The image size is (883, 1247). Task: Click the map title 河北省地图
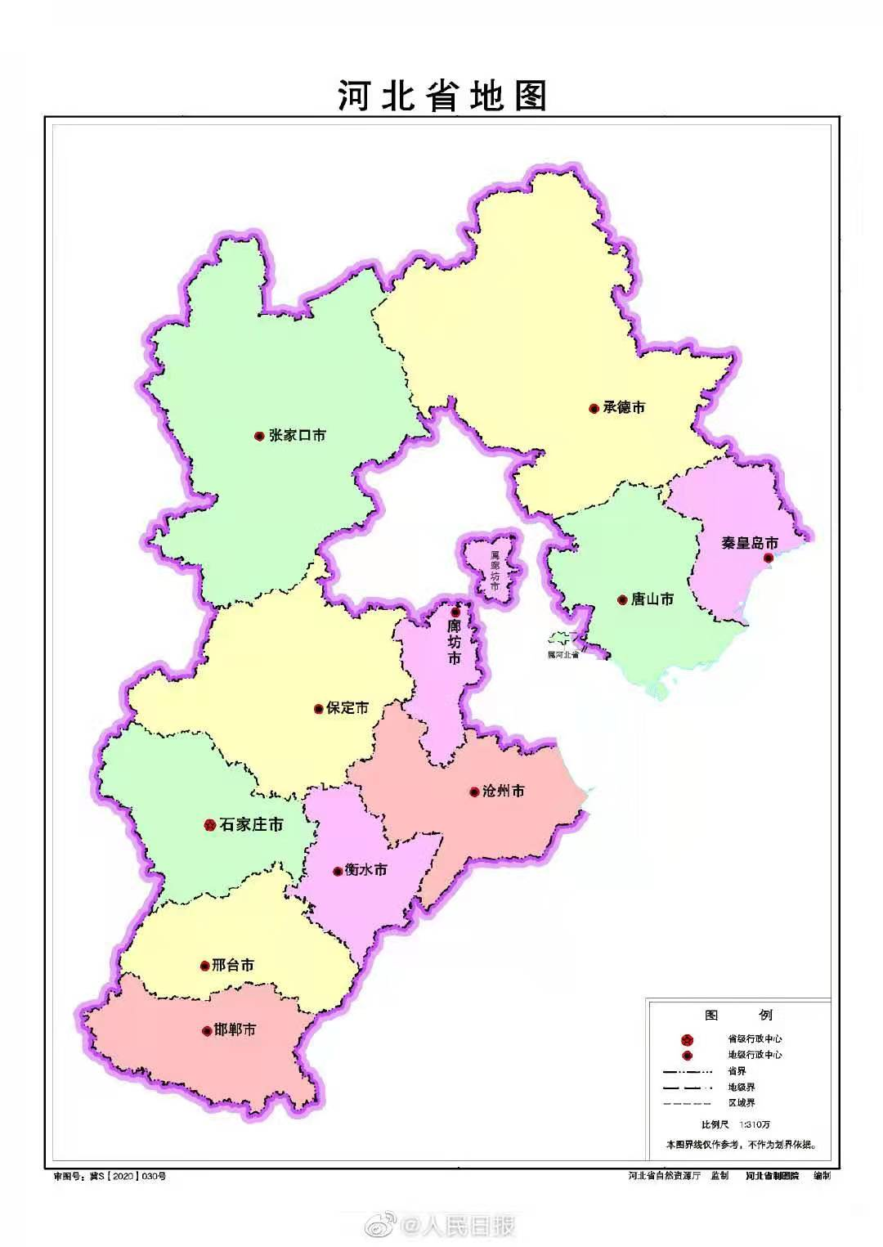pos(441,96)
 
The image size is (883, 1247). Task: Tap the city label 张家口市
pos(297,436)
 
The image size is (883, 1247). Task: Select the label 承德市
pos(624,407)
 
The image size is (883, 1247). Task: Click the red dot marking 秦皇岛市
pos(768,558)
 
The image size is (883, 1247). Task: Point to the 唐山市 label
pos(652,599)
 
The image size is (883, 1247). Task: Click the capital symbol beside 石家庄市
pos(208,825)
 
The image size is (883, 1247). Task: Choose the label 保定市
pos(347,708)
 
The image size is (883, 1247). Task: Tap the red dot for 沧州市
pos(474,792)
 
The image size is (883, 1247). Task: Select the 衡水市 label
pos(366,870)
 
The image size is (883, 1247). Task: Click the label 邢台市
pos(233,965)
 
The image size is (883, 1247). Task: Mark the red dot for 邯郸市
pos(206,1031)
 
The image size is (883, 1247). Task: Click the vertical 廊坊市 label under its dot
pos(454,642)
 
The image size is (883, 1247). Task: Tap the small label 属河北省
pos(563,654)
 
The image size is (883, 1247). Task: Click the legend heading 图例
pos(737,1015)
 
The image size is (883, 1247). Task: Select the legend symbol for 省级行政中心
pos(687,1039)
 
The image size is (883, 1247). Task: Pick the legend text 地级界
pos(742,1087)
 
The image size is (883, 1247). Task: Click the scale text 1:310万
pos(755,1124)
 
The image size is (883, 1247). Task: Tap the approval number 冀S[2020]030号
pos(110,1176)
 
